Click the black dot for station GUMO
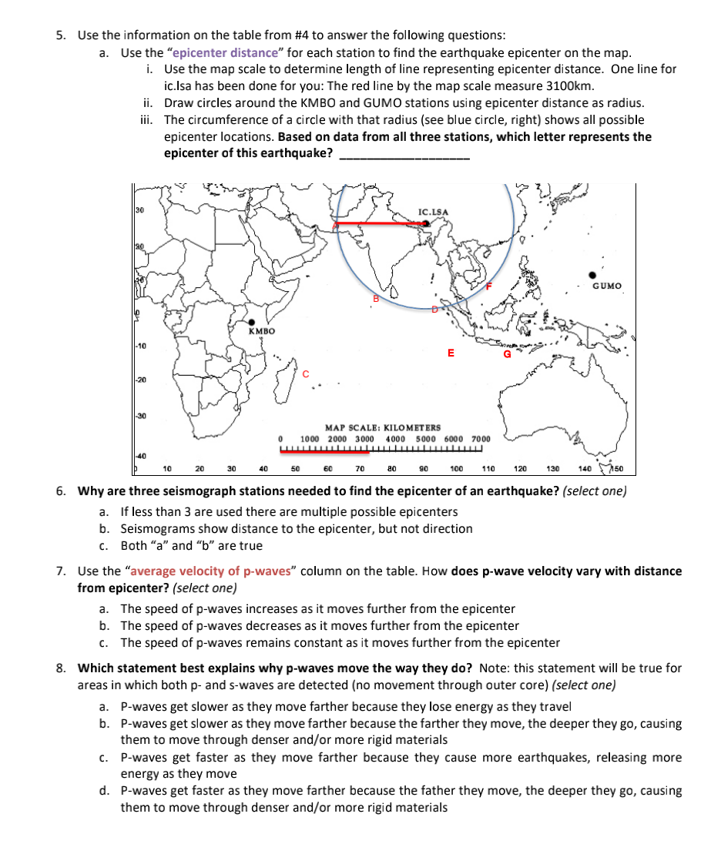592,274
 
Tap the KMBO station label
262,331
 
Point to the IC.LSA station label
433,210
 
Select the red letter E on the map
451,353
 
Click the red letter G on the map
507,355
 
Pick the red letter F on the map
488,286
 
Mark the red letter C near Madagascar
306,373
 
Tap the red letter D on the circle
434,310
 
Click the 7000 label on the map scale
480,437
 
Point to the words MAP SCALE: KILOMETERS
383,427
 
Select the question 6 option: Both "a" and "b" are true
191,545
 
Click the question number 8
61,668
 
